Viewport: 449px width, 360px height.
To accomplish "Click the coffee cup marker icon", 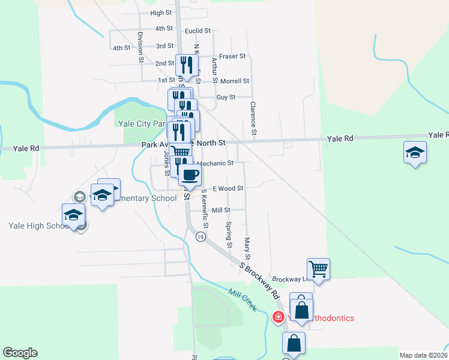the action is [x=190, y=175].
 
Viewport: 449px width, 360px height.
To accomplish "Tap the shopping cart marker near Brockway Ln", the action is [x=319, y=268].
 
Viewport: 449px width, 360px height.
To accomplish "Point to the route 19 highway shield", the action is [x=200, y=237].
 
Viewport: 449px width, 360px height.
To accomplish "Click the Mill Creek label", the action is [x=243, y=299].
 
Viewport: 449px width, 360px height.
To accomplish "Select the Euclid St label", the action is [x=198, y=31].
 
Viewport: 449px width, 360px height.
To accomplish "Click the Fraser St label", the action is [x=233, y=56].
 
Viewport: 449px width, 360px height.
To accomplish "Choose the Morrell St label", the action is [x=235, y=81].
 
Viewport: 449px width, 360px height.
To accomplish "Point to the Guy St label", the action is [x=226, y=97].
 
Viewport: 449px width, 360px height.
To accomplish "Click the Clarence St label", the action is [x=254, y=118].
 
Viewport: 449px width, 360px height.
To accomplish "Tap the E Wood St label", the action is [x=228, y=188].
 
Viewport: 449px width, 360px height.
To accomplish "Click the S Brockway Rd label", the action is [x=260, y=281].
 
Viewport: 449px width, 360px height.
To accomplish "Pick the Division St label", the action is [x=140, y=47].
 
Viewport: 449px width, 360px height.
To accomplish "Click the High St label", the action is [x=161, y=13].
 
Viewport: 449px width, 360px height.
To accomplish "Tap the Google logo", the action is [x=20, y=353].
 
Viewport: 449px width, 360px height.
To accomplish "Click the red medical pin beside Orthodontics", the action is [x=278, y=317].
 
